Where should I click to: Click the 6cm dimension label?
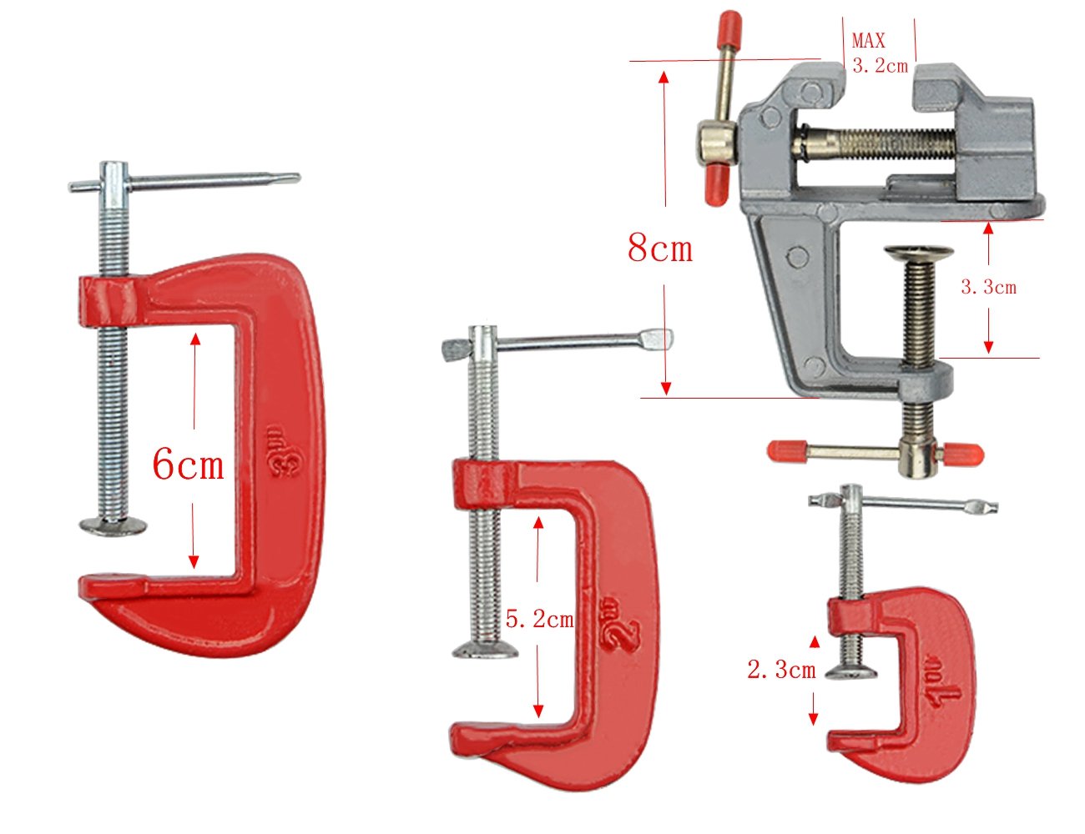point(188,464)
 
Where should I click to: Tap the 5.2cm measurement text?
point(539,619)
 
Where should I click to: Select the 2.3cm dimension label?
point(781,670)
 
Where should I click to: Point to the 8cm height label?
point(660,248)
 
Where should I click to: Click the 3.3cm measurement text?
point(988,287)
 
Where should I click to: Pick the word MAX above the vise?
point(868,40)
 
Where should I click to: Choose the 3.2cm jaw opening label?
point(880,65)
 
